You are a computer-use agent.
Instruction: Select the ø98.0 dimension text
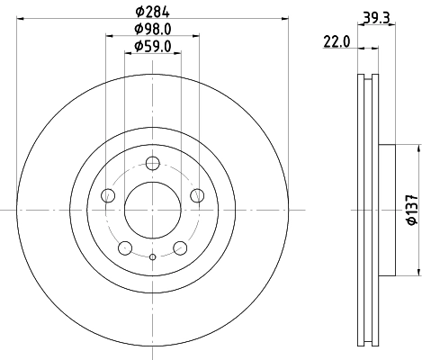pos(152,29)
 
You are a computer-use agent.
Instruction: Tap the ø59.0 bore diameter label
pos(152,46)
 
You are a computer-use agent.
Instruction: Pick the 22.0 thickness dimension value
pos(337,40)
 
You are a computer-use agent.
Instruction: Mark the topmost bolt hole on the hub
pos(152,163)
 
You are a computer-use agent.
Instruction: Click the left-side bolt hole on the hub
pos(109,195)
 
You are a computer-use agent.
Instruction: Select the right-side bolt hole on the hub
pos(196,195)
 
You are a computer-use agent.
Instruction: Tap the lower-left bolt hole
pos(125,247)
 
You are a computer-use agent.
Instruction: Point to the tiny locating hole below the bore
pos(152,259)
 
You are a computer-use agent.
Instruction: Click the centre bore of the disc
pos(152,210)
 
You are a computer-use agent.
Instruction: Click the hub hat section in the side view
pos(388,210)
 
